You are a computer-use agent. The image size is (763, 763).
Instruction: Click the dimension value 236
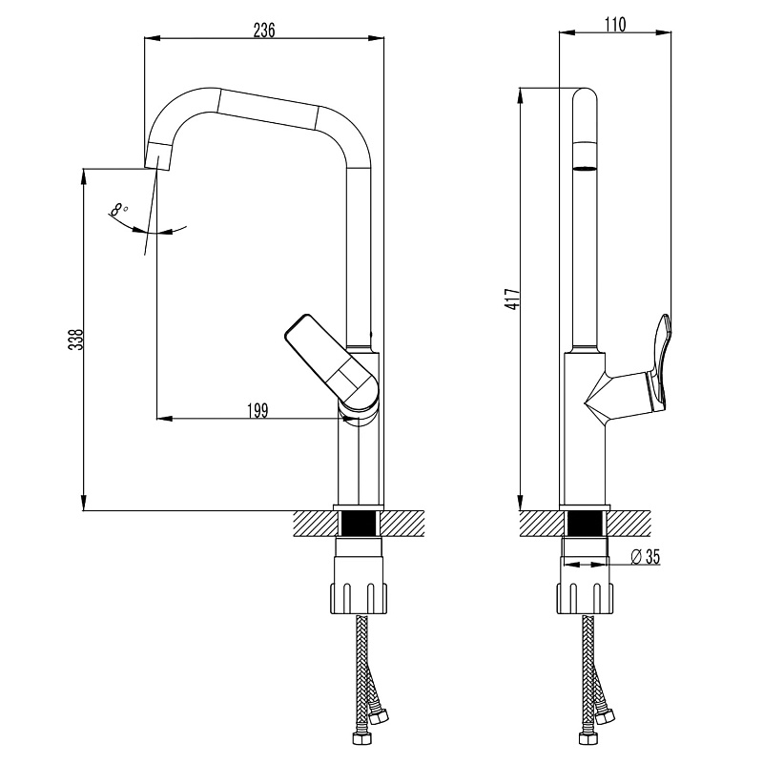point(263,30)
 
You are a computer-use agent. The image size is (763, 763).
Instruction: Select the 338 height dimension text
point(76,340)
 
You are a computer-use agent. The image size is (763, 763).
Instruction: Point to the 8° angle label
point(117,209)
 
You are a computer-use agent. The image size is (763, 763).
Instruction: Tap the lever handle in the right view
point(660,357)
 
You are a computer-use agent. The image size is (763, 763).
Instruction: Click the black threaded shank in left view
point(360,525)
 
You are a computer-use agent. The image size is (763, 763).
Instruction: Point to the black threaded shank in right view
point(585,525)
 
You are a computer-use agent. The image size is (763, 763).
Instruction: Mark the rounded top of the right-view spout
point(585,95)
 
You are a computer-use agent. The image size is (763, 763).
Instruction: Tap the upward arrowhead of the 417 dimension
point(520,93)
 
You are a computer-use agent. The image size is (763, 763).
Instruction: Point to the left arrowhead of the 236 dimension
point(150,39)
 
